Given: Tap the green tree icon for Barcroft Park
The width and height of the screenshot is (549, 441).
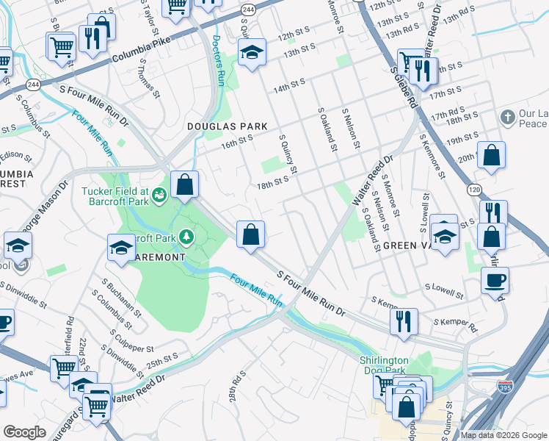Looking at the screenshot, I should [187, 237].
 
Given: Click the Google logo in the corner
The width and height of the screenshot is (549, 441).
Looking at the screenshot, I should [24, 432].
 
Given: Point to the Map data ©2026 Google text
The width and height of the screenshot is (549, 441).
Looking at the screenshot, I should [503, 435].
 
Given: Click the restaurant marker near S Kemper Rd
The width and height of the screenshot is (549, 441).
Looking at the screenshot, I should [403, 320].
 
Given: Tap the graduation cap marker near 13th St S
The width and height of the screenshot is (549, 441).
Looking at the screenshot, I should [252, 52].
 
